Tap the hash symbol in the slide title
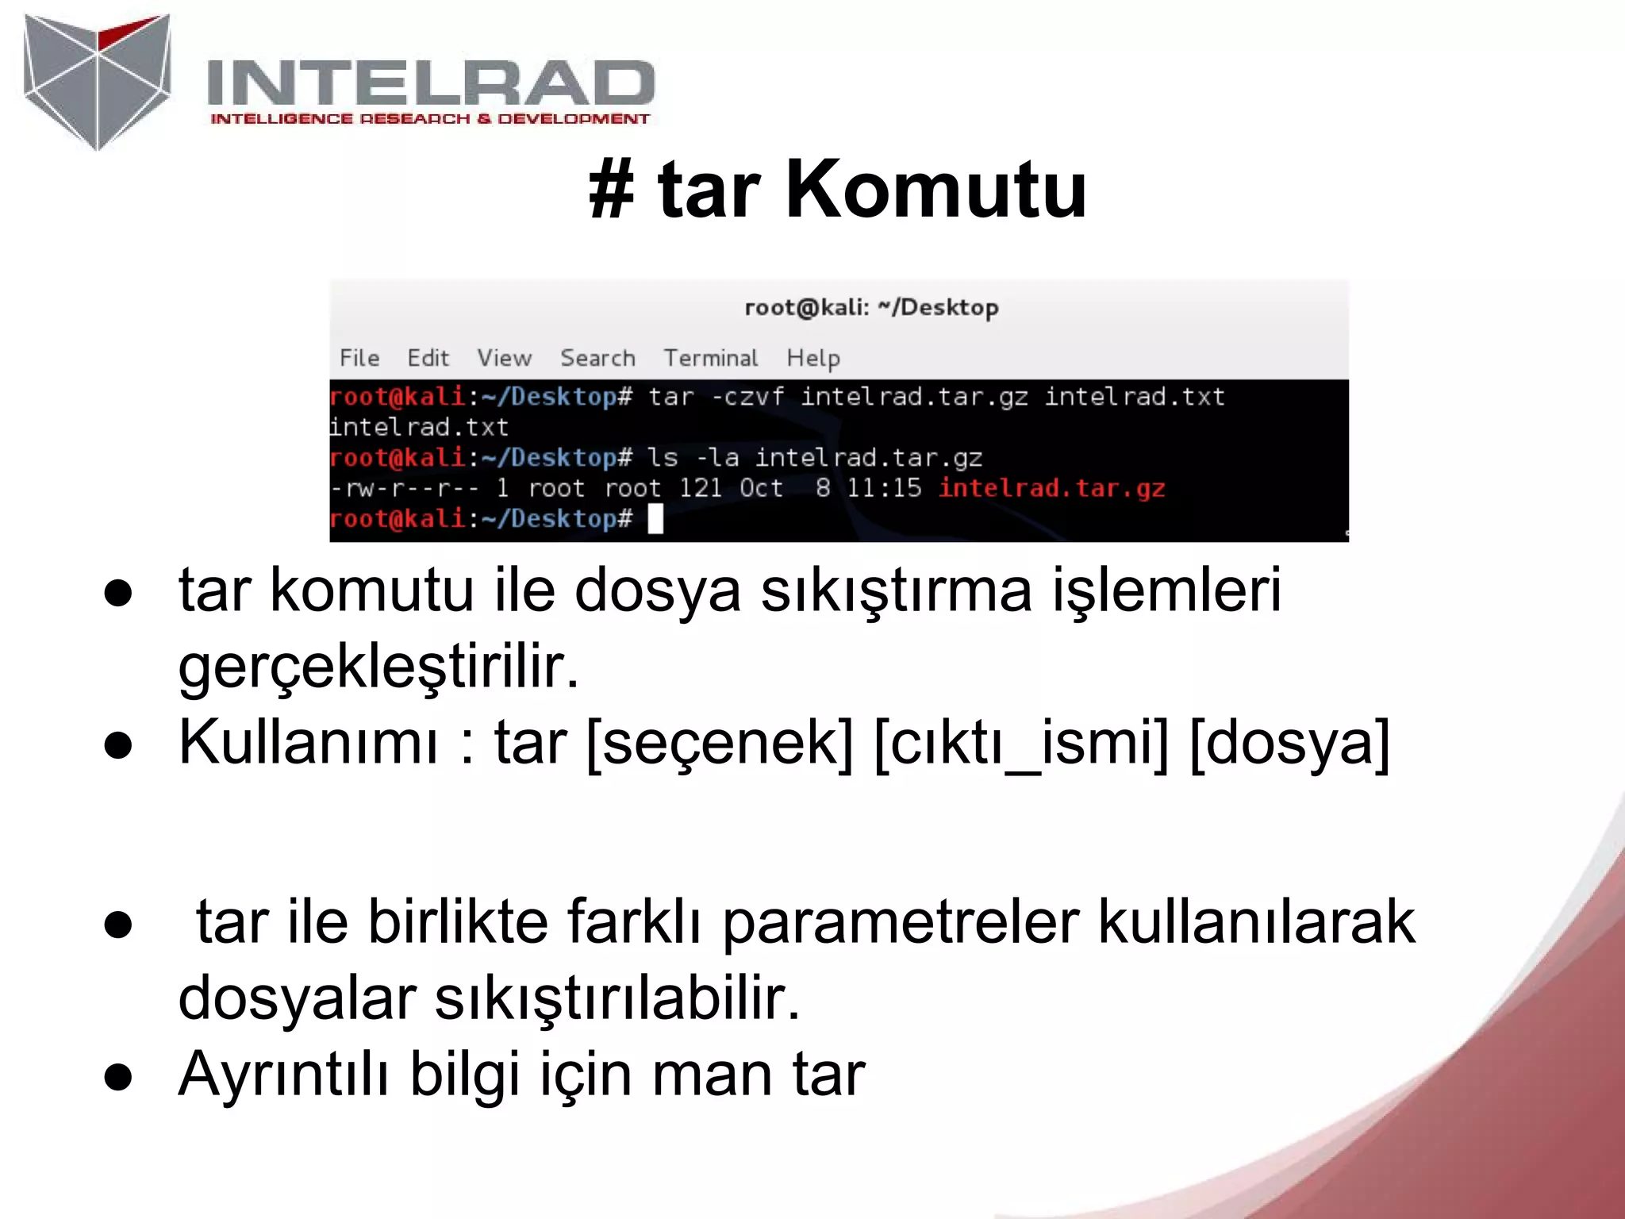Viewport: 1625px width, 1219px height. (x=612, y=190)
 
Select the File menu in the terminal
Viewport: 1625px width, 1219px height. (x=359, y=358)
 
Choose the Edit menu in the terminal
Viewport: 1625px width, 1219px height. (x=428, y=358)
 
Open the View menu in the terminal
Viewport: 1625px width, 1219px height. (x=504, y=358)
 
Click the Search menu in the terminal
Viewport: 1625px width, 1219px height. (x=597, y=358)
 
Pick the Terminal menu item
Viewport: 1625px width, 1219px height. (x=711, y=358)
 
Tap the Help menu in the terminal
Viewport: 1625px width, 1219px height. (x=813, y=358)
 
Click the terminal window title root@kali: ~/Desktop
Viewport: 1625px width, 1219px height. (x=871, y=307)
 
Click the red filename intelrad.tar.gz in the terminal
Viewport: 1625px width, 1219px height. (x=1051, y=488)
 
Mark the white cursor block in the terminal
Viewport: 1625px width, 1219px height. (x=655, y=519)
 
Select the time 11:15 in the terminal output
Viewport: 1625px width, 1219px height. (x=884, y=488)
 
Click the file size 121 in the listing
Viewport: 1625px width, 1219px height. (x=700, y=488)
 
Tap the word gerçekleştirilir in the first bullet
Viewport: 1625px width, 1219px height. (x=378, y=667)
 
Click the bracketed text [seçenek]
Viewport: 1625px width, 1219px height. (x=720, y=743)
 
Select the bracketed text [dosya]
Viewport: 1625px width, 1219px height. (x=1289, y=743)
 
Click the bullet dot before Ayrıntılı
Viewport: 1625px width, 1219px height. (x=118, y=1077)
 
